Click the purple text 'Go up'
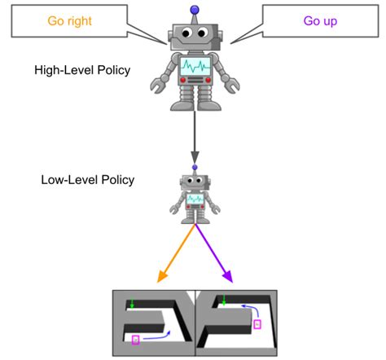tap(320, 22)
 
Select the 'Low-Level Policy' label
tap(87, 179)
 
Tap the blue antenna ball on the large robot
tap(194, 10)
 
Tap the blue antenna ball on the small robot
tap(194, 167)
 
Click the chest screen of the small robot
tap(195, 199)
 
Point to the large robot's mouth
tap(194, 44)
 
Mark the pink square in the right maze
tap(257, 324)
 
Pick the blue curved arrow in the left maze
tap(155, 335)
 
